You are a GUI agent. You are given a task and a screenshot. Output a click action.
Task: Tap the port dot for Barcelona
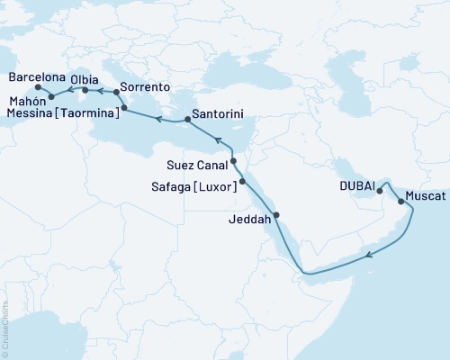[38, 87]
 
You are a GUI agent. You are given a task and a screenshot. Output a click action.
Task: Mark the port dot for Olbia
[85, 91]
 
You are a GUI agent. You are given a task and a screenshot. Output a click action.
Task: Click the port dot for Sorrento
[117, 92]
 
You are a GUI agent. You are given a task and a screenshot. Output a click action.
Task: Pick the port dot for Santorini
[187, 118]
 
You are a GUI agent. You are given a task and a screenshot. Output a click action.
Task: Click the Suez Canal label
[197, 165]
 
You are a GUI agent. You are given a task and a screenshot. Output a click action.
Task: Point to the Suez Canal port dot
[233, 162]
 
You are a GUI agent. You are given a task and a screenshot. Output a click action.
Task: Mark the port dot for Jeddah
[276, 214]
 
